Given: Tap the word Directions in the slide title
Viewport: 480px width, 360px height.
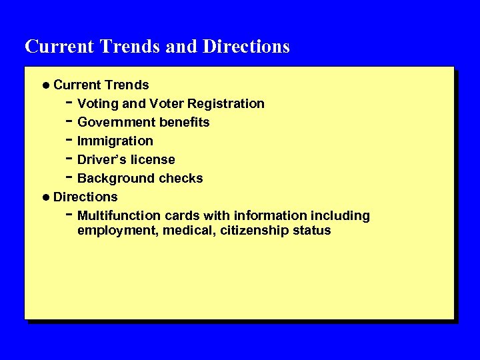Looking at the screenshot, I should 246,47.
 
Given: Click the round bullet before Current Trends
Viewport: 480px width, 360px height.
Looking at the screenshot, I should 45,85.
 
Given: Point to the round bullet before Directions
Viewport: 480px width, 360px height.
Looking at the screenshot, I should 45,197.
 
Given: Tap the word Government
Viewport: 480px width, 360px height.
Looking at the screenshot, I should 117,123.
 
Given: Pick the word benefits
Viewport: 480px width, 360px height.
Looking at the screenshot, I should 185,123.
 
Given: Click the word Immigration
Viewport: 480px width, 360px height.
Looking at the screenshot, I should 115,141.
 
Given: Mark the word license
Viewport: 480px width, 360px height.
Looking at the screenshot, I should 153,160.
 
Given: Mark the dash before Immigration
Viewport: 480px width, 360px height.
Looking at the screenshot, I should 69,140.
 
